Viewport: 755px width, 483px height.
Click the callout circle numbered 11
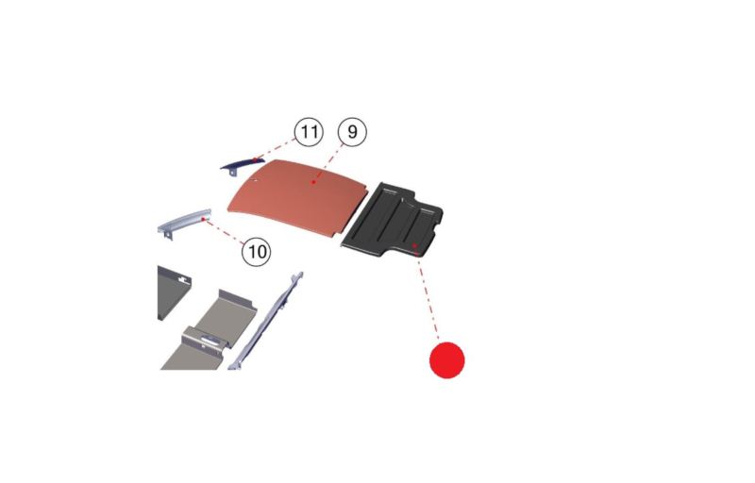309,132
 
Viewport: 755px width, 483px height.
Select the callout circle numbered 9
352,132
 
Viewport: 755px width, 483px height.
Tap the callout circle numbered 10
256,252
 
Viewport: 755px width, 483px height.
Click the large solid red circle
446,360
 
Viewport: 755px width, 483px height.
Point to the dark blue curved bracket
243,165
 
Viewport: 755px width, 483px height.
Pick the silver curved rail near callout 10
184,222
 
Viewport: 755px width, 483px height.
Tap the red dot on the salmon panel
313,182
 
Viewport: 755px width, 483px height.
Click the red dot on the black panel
414,245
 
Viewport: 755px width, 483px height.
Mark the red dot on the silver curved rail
203,220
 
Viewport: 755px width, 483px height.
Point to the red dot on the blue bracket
256,159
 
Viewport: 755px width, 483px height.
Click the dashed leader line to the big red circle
428,295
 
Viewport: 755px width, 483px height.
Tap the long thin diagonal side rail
265,321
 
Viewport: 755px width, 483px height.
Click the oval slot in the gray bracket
211,341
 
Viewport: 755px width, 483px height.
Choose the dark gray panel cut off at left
174,292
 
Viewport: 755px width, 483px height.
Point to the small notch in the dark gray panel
182,277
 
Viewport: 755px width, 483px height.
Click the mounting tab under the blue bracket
232,173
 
